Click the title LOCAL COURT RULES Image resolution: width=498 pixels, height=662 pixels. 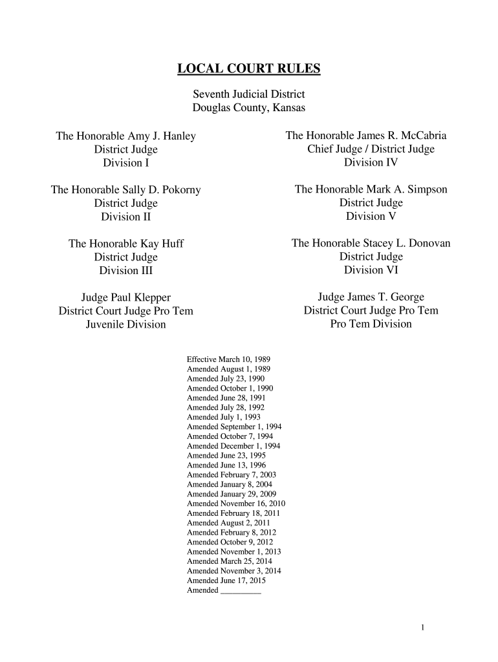[249, 69]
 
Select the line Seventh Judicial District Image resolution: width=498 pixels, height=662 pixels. [249, 94]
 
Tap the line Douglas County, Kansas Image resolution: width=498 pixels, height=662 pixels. [249, 108]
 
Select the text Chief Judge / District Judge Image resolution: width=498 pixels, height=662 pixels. [371, 149]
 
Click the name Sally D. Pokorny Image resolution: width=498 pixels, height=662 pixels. [162, 190]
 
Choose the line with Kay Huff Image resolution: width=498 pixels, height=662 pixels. [126, 244]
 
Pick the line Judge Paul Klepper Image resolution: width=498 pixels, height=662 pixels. [126, 297]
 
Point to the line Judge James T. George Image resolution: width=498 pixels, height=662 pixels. [371, 297]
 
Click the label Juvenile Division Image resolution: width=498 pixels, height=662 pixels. [126, 325]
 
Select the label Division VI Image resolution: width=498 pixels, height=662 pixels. [371, 270]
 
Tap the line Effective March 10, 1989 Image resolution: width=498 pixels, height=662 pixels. [228, 359]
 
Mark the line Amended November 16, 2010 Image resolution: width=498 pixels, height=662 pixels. [236, 503]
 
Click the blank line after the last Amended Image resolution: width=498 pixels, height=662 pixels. [241, 591]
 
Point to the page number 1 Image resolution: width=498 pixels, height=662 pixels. [422, 627]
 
